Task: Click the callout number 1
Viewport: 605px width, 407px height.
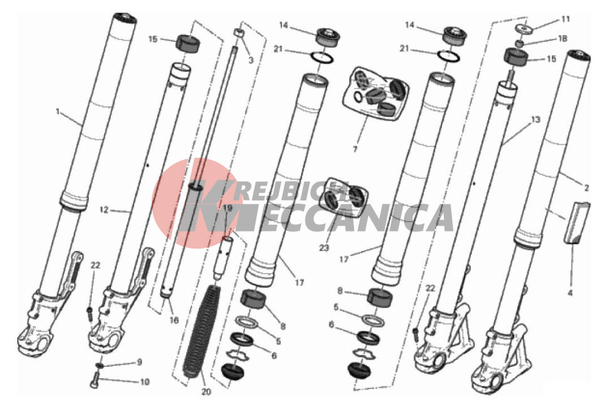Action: point(58,112)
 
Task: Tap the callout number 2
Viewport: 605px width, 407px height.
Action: point(586,188)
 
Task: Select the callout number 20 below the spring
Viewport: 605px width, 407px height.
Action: point(206,392)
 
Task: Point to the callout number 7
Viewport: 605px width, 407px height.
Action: point(355,149)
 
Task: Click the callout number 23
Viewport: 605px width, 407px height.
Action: point(324,247)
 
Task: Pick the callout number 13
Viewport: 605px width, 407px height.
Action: point(535,120)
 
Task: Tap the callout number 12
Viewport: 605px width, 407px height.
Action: point(104,210)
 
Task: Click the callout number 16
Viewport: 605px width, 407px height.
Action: point(174,320)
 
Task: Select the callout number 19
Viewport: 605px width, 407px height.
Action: point(228,208)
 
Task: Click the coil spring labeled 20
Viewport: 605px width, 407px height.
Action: point(201,331)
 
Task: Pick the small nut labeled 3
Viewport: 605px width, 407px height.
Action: point(238,32)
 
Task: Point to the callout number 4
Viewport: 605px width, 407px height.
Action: point(570,293)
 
